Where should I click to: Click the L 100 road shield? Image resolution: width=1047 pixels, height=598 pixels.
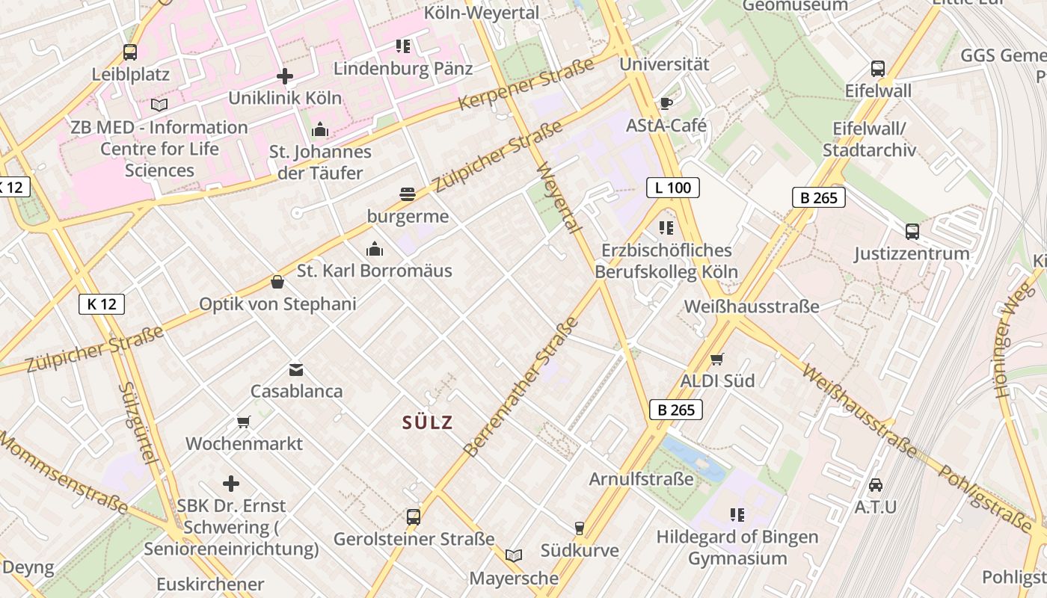(672, 188)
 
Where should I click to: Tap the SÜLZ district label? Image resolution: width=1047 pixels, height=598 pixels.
(428, 422)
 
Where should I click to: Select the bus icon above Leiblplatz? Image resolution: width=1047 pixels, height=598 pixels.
(130, 52)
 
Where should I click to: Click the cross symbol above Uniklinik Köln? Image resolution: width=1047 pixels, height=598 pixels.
(285, 75)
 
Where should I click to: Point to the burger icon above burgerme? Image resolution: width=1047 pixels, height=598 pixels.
(408, 194)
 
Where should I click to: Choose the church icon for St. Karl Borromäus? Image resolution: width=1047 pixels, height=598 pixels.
(375, 248)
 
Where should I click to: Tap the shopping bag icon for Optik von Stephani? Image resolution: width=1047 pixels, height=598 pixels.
(277, 282)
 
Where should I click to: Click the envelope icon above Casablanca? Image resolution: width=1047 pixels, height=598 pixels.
(296, 369)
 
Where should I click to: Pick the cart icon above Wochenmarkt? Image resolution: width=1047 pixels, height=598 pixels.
(244, 422)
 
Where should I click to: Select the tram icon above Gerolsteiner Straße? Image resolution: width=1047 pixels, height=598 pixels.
(414, 517)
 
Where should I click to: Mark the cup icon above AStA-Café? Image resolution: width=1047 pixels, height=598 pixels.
(666, 103)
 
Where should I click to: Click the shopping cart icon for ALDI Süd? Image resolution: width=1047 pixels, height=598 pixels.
(717, 359)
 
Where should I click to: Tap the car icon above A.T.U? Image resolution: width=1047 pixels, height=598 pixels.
(876, 484)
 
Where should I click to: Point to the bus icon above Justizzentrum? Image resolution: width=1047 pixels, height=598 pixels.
(912, 231)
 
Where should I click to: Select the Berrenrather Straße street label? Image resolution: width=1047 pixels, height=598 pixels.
(522, 387)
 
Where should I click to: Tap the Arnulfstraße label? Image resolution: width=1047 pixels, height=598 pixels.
(642, 478)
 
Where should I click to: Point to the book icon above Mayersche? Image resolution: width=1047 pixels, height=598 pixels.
(513, 555)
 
